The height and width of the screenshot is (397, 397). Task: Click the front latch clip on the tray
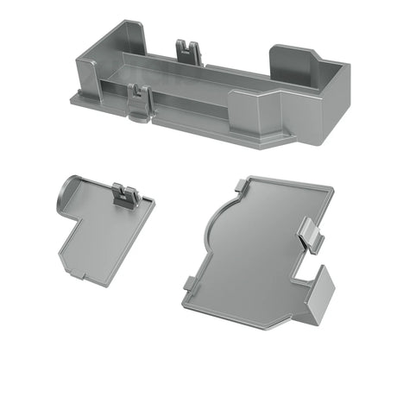pos(138,100)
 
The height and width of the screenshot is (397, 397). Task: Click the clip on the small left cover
pos(125,197)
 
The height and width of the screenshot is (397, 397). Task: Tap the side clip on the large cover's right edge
pos(312,233)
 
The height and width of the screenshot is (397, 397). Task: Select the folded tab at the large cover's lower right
pos(319,298)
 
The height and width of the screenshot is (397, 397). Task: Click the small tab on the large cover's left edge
pos(187,283)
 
